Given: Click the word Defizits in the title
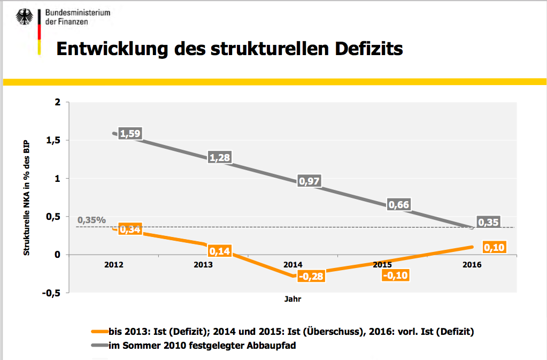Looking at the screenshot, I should pyautogui.click(x=368, y=49).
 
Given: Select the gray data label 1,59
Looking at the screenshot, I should pyautogui.click(x=130, y=134).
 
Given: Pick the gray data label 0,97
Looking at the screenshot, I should pyautogui.click(x=309, y=181).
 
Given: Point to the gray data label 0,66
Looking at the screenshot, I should pyautogui.click(x=398, y=205).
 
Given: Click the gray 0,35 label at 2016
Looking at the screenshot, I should pyautogui.click(x=488, y=223).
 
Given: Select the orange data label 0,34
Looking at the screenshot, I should pyautogui.click(x=130, y=229).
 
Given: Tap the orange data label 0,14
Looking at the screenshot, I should pyautogui.click(x=219, y=251).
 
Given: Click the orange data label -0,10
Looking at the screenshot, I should pyautogui.click(x=398, y=275).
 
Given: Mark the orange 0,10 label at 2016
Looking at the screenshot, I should pyautogui.click(x=494, y=248).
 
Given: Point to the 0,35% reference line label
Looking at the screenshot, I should pyautogui.click(x=91, y=220).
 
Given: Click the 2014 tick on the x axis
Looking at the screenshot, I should pyautogui.click(x=293, y=265).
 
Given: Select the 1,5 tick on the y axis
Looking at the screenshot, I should pyautogui.click(x=54, y=140).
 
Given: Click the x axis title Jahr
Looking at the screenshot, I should pyautogui.click(x=293, y=300).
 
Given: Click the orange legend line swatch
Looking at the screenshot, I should pyautogui.click(x=99, y=332).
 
